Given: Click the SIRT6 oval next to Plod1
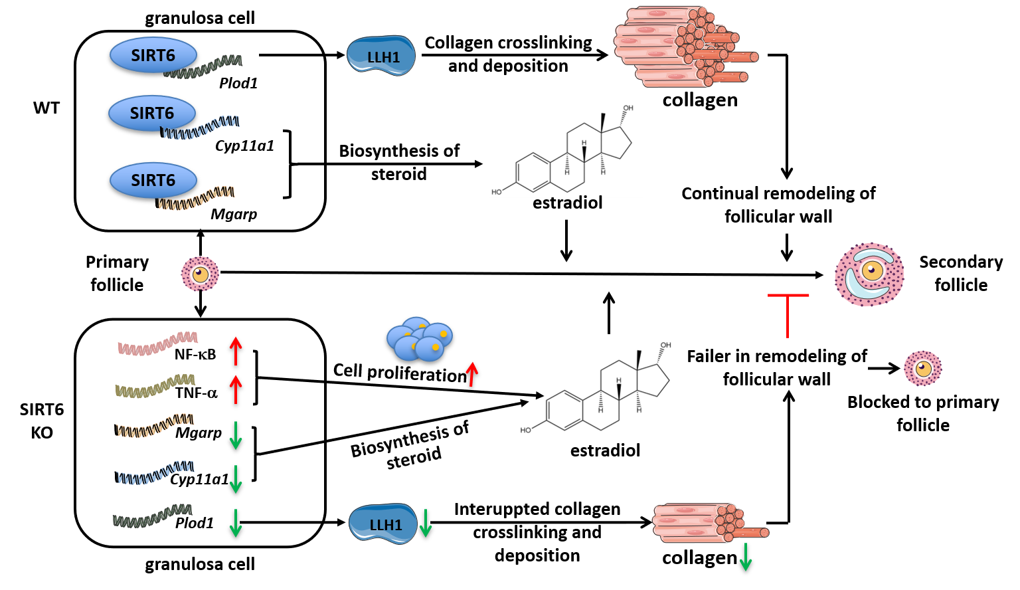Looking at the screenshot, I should pyautogui.click(x=153, y=55).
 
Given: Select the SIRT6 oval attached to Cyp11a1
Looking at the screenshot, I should pyautogui.click(x=152, y=113).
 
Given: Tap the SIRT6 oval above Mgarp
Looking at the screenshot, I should pyautogui.click(x=153, y=180).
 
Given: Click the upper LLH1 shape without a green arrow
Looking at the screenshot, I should pyautogui.click(x=381, y=56).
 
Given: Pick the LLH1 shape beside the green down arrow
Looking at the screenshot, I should pyautogui.click(x=383, y=524).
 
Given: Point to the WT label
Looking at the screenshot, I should pyautogui.click(x=46, y=108).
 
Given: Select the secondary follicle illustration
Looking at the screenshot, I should pyautogui.click(x=869, y=274).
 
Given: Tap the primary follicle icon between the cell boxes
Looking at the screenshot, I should pyautogui.click(x=201, y=274).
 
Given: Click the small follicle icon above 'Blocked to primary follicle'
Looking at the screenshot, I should pyautogui.click(x=923, y=368).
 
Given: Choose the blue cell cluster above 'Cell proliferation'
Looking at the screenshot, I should pyautogui.click(x=419, y=339).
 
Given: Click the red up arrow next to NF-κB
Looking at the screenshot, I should pyautogui.click(x=236, y=351).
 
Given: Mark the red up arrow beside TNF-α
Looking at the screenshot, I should pyautogui.click(x=236, y=389).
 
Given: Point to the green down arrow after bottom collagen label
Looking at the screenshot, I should pyautogui.click(x=746, y=557).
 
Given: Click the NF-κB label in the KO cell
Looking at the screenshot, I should pyautogui.click(x=195, y=355).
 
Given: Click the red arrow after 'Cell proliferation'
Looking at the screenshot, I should pyautogui.click(x=472, y=374).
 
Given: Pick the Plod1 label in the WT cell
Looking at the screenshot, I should pyautogui.click(x=238, y=83).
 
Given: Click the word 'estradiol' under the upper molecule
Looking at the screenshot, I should pyautogui.click(x=567, y=203).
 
